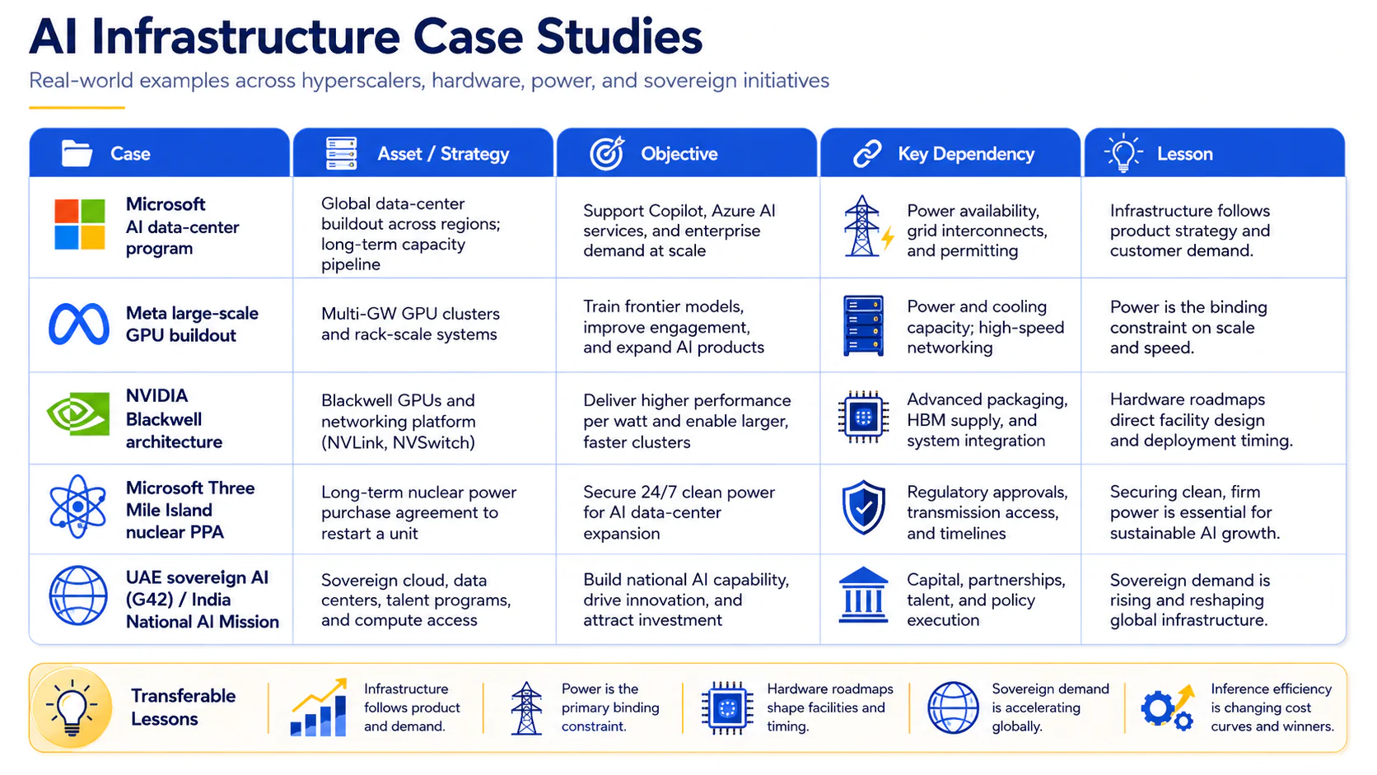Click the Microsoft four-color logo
coord(79,224)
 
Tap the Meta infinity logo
coord(79,324)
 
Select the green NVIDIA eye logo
coord(78,413)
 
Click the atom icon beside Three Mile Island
coord(77,507)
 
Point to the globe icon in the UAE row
coord(78,595)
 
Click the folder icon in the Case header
coord(77,153)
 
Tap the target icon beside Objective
coord(607,153)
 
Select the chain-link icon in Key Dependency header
coord(867,154)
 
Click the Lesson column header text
coord(1184,154)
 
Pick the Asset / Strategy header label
coord(443,154)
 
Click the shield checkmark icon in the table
coord(864,507)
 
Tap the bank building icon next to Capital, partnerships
coord(863,595)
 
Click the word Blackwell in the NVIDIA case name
coord(164,419)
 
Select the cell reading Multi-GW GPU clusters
coord(410,324)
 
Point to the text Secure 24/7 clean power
coord(679,493)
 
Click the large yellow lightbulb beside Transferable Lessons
coord(72,707)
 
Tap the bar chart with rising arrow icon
coord(319,707)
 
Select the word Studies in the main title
coord(619,37)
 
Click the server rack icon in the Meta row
coord(863,326)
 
